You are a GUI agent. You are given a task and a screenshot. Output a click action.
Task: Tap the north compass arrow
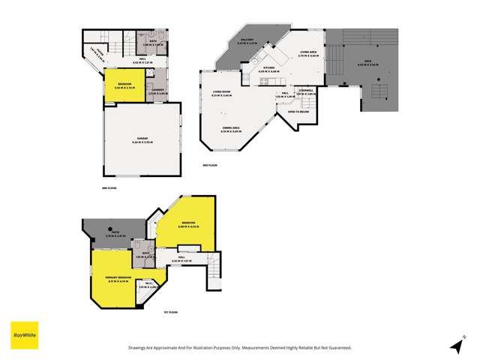[457, 344]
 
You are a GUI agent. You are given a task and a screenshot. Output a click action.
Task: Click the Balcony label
[246, 40]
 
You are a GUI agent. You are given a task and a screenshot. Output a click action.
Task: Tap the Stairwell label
[305, 90]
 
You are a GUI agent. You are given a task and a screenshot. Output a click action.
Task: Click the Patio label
[115, 233]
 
